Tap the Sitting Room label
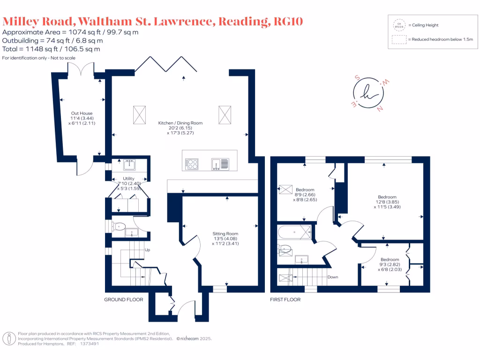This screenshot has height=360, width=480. (x=225, y=233)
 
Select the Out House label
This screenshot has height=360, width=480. (x=82, y=113)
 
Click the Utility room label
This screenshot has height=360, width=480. (x=129, y=179)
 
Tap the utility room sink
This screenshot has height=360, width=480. (x=130, y=165)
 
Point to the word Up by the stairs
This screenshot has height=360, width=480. (x=148, y=250)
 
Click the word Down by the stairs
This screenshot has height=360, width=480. (x=333, y=277)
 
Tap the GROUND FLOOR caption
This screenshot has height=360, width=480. (x=123, y=300)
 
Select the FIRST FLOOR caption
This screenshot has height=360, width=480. (x=285, y=300)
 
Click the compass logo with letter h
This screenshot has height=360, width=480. (x=368, y=93)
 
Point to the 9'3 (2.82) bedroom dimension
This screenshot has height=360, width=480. (x=390, y=264)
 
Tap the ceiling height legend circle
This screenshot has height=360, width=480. (x=399, y=25)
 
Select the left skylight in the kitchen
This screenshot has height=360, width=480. (x=139, y=115)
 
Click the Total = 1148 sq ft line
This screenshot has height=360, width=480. (x=51, y=49)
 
